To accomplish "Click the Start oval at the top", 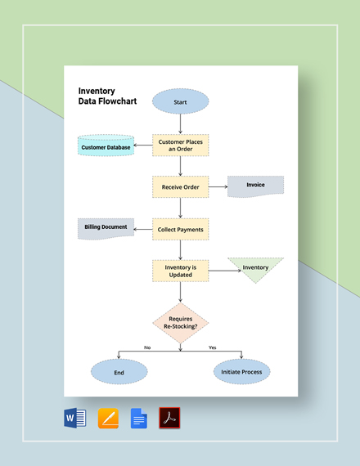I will [181, 103].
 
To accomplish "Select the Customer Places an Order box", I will [181, 146].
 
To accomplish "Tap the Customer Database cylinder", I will [106, 147].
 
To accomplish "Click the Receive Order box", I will [181, 186].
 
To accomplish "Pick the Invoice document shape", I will [256, 186].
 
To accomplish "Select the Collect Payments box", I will [181, 230].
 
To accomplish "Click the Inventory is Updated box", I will [181, 271].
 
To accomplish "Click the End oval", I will [119, 372].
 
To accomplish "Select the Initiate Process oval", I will [241, 372].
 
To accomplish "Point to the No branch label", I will [147, 347].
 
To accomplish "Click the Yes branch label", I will [213, 347].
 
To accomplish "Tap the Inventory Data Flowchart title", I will [107, 97].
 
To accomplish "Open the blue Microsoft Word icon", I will [74, 419].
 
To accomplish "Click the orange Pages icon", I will [108, 419].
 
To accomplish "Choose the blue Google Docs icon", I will [139, 419].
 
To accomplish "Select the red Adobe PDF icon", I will [169, 419].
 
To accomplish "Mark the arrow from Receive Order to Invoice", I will [218, 187].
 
